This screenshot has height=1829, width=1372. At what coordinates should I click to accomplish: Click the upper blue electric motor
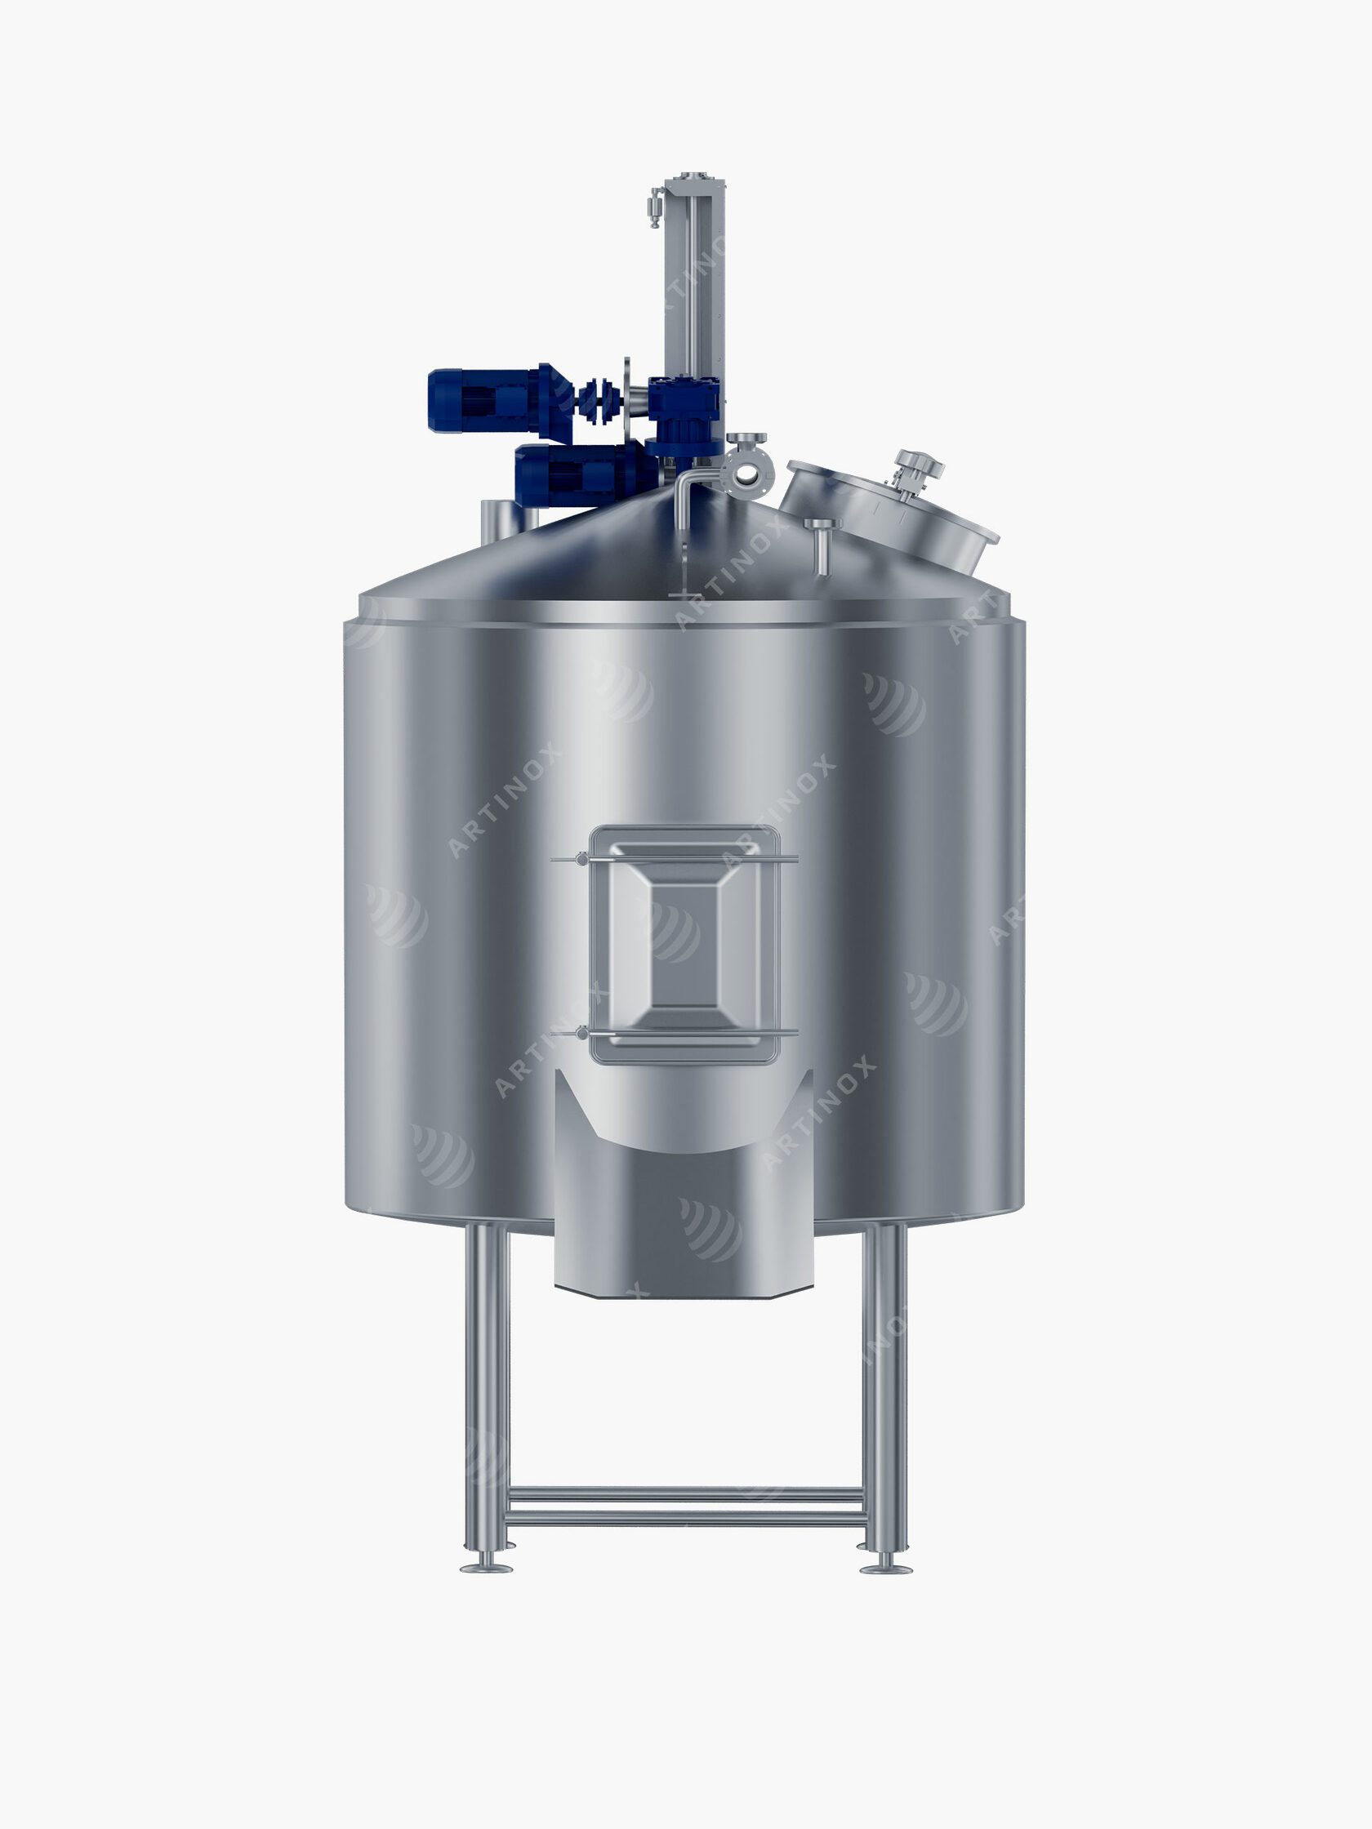(488, 400)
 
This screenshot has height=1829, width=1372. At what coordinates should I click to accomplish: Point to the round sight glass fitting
(746, 473)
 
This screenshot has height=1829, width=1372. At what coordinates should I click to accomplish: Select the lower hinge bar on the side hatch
(674, 1033)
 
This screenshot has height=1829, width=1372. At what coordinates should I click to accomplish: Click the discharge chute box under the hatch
(682, 1224)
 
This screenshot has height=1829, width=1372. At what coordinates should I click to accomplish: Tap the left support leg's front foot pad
(485, 1567)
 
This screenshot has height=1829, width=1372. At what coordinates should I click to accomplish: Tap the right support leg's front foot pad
(886, 1568)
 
